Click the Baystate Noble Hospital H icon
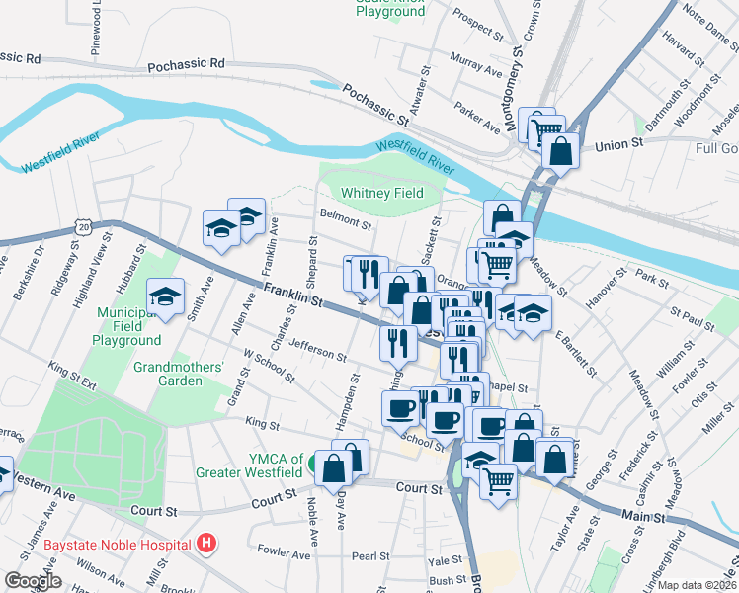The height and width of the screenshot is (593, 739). pyautogui.click(x=205, y=543)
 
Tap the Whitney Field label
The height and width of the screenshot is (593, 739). pyautogui.click(x=381, y=193)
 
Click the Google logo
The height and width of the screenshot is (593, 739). pyautogui.click(x=33, y=580)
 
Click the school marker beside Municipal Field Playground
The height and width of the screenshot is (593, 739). pyautogui.click(x=165, y=296)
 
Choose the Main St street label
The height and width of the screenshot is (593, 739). pyautogui.click(x=647, y=516)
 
